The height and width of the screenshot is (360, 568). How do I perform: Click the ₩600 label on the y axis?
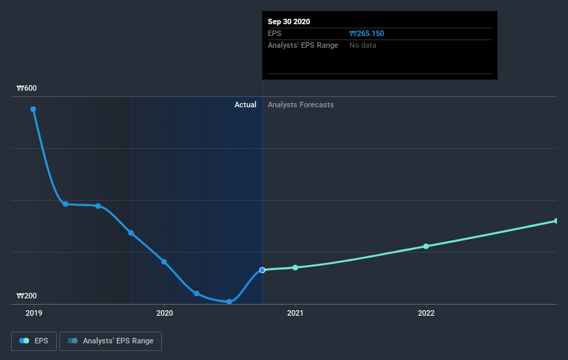(x=27, y=88)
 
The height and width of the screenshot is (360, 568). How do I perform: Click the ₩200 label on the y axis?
(x=27, y=296)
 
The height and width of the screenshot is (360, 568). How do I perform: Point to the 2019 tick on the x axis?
(x=33, y=313)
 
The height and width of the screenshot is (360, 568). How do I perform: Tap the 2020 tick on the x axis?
(x=164, y=313)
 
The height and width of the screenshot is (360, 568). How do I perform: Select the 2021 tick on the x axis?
(x=295, y=313)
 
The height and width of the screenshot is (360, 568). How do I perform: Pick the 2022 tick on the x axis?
(x=426, y=313)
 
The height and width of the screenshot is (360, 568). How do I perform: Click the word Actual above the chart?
(x=245, y=105)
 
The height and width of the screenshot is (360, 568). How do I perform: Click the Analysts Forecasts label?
(x=300, y=105)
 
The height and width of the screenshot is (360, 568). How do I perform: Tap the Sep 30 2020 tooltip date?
(x=289, y=21)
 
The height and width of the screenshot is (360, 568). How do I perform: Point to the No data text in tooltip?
(x=363, y=45)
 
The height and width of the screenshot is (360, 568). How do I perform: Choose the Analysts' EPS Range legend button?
(x=111, y=341)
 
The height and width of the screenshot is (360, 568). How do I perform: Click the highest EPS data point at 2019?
(x=33, y=109)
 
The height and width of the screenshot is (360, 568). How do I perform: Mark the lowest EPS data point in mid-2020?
(x=229, y=302)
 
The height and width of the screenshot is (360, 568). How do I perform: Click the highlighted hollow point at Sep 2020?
(x=262, y=270)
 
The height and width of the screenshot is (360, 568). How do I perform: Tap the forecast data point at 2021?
(x=295, y=267)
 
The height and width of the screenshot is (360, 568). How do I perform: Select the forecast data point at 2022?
(x=426, y=246)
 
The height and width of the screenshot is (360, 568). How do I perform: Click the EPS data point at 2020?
(x=164, y=262)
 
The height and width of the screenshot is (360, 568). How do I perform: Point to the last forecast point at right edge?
(x=556, y=221)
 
